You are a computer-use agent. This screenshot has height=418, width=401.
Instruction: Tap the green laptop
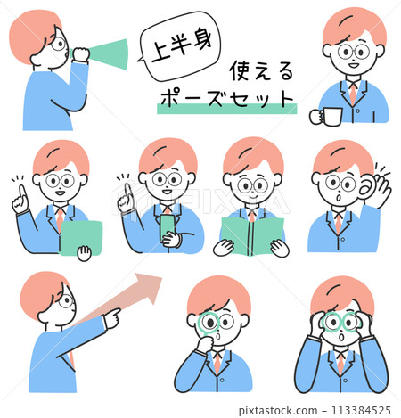point(81,237)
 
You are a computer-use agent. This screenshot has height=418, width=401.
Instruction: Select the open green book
point(250,236)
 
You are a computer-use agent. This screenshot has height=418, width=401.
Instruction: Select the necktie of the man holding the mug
point(353,94)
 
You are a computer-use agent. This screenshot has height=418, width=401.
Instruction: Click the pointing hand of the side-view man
point(111,316)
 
